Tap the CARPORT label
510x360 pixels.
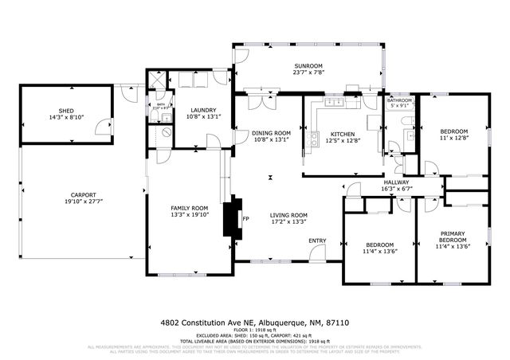pyautogui.click(x=83, y=195)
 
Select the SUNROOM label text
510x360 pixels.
pyautogui.click(x=307, y=65)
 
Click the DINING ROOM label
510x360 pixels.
pyautogui.click(x=272, y=133)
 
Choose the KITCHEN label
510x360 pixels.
pyautogui.click(x=343, y=134)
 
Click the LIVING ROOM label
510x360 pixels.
pyautogui.click(x=288, y=215)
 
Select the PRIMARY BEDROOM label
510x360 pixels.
pyautogui.click(x=453, y=237)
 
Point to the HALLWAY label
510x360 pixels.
pyautogui.click(x=396, y=182)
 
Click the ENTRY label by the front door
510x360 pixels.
pyautogui.click(x=317, y=241)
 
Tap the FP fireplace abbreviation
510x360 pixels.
pyautogui.click(x=245, y=218)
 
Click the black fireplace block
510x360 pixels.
pyautogui.click(x=233, y=217)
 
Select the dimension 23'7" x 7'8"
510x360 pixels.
pyautogui.click(x=307, y=72)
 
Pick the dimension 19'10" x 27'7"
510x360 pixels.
pyautogui.click(x=83, y=202)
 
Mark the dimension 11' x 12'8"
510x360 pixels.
pyautogui.click(x=454, y=139)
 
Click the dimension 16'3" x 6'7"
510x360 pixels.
pyautogui.click(x=396, y=189)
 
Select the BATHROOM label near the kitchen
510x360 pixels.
pyautogui.click(x=399, y=100)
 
